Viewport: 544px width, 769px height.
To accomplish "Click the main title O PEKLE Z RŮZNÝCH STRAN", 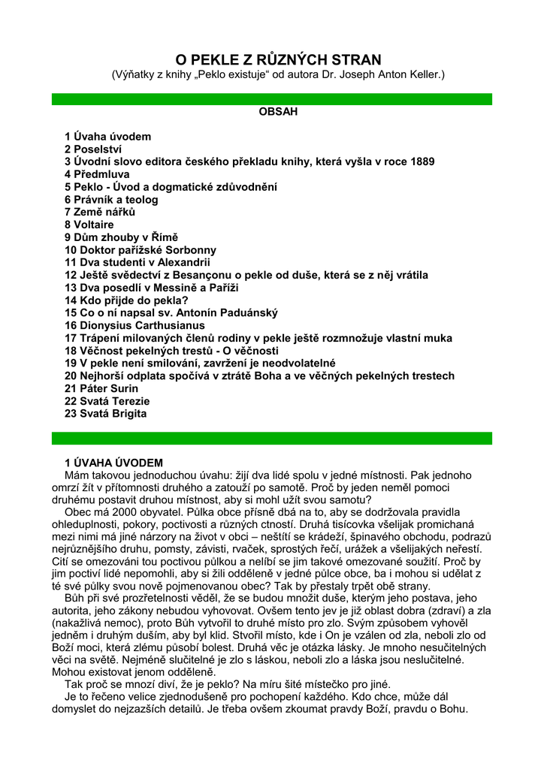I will [278, 59].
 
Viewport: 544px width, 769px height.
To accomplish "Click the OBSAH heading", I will [278, 112].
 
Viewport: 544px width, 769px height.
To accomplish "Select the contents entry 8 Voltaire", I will [89, 225].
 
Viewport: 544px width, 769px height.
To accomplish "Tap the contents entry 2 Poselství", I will [95, 149].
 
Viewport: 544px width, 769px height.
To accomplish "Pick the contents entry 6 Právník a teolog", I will [111, 200].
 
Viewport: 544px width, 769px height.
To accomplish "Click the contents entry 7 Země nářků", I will [100, 212].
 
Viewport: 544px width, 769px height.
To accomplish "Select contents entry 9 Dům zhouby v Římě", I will [122, 237].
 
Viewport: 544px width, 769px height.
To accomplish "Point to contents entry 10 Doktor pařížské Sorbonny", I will [141, 250].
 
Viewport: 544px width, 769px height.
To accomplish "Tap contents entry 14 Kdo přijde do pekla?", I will [126, 300].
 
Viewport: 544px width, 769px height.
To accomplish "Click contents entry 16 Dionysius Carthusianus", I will [134, 325].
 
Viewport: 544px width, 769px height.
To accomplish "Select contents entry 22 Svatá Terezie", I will [107, 401].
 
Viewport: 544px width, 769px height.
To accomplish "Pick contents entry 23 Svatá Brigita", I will [106, 414].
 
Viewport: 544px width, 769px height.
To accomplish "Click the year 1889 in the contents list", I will [422, 162].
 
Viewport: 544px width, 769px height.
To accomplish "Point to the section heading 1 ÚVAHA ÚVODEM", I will [113, 463].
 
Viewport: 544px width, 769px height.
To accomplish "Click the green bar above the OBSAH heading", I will [272, 98].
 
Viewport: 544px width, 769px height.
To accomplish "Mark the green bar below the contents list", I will [272, 438].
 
